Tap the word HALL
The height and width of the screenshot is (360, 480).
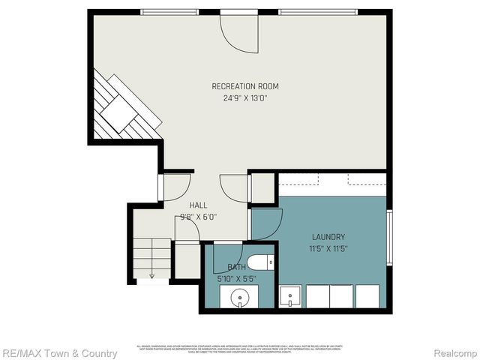198,205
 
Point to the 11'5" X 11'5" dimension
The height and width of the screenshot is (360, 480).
328,248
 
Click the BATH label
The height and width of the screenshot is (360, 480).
236,267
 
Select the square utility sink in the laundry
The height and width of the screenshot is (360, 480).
291,297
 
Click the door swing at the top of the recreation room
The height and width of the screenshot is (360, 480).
238,34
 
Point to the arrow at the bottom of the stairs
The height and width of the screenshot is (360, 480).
151,274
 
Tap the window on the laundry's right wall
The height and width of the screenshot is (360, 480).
389,238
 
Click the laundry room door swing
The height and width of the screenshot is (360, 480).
267,223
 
